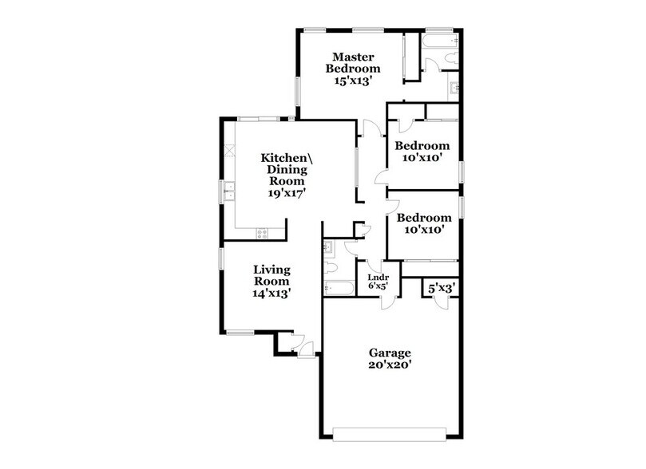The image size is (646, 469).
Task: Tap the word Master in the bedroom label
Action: click(354, 57)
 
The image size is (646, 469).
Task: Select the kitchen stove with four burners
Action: click(261, 232)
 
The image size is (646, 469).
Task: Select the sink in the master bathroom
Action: click(454, 88)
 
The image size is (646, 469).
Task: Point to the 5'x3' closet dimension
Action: click(441, 287)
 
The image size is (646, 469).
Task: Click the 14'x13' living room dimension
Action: click(271, 293)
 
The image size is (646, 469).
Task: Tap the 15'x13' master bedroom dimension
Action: click(354, 81)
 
